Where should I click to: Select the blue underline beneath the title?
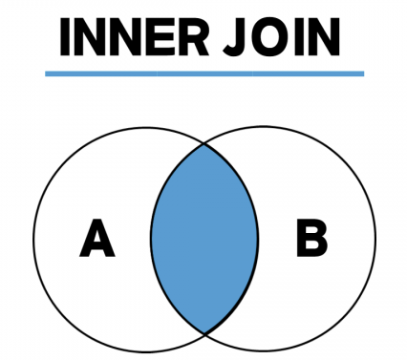click(x=204, y=73)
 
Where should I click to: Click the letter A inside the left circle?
click(x=96, y=239)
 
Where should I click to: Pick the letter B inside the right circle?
click(x=311, y=239)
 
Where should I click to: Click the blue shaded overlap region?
click(x=203, y=239)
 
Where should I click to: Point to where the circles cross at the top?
click(x=204, y=145)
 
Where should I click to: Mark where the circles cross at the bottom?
click(x=204, y=332)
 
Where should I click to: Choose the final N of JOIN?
click(x=323, y=37)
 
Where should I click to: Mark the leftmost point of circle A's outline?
click(x=33, y=239)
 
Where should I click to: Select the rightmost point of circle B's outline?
click(x=375, y=239)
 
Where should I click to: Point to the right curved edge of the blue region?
click(x=258, y=239)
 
